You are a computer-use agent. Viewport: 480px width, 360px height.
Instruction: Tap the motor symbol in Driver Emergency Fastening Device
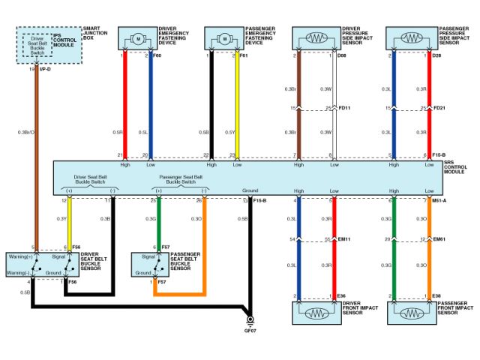pos(137,38)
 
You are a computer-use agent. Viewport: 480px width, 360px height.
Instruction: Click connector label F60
pos(157,55)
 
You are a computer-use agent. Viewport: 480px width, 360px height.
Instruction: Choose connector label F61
pos(244,55)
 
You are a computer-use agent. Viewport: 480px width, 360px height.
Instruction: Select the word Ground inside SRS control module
pos(250,190)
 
